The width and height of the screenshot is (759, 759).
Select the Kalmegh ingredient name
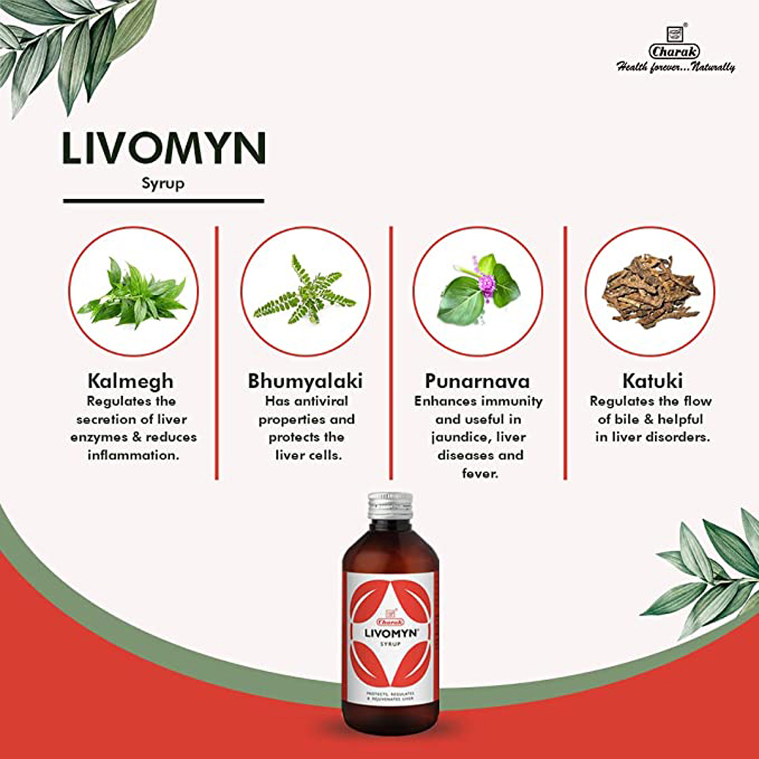tap(130, 381)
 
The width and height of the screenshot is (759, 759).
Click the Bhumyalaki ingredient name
tap(305, 381)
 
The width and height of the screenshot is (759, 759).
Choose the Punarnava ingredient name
tap(478, 381)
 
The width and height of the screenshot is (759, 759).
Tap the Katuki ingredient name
tap(652, 381)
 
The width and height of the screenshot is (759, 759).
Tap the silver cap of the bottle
tap(390, 505)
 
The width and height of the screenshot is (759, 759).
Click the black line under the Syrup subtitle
tap(163, 201)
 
